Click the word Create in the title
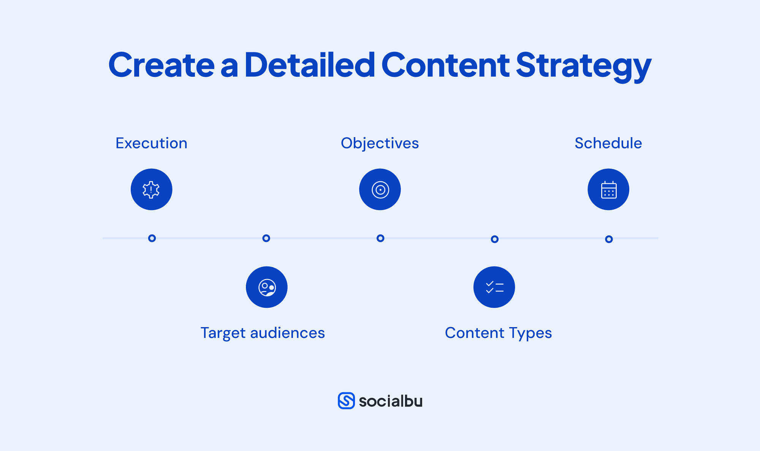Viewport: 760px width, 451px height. click(161, 65)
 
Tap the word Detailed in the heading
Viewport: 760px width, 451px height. click(310, 65)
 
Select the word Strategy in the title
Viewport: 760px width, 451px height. click(583, 66)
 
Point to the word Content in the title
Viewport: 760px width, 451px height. click(445, 65)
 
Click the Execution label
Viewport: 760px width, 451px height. click(151, 143)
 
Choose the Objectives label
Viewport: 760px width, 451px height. click(380, 143)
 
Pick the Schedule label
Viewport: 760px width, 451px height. click(608, 143)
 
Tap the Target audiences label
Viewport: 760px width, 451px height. click(263, 333)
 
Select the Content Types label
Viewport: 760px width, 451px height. click(498, 333)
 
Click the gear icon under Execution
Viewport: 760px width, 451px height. click(151, 190)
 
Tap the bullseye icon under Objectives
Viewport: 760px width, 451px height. click(380, 190)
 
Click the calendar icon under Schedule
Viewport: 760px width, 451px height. click(608, 190)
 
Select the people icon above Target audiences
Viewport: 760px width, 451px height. click(267, 287)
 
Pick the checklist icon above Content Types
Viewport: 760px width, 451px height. click(494, 287)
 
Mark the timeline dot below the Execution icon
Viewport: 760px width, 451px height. click(152, 238)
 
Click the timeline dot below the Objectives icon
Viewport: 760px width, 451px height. click(380, 238)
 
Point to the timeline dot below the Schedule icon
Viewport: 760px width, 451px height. click(609, 239)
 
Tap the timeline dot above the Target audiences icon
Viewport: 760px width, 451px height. click(266, 238)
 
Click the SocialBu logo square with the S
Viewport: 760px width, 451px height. click(346, 401)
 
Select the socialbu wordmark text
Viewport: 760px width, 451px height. click(391, 401)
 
